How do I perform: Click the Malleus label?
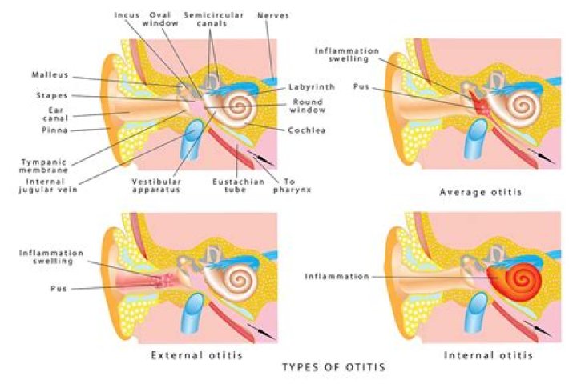click(50, 76)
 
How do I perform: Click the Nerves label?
click(273, 15)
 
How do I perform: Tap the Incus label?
click(129, 15)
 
